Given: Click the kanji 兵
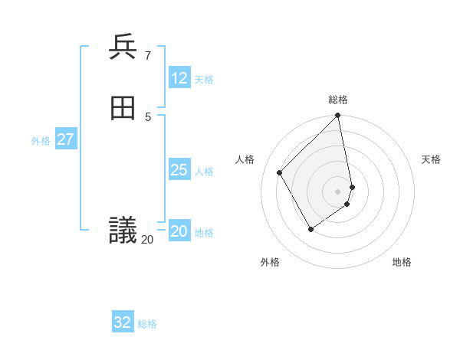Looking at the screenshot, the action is tap(123, 47).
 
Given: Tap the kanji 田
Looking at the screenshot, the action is tap(123, 109).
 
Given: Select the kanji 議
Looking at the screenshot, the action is tap(123, 230).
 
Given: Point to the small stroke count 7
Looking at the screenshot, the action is tap(147, 55).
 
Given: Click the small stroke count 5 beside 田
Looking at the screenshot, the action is tap(147, 116).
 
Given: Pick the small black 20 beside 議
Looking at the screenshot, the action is tap(147, 240).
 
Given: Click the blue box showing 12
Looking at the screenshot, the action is tap(179, 78).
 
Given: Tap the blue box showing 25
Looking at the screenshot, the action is tap(179, 170).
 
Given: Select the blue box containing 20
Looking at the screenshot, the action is tap(179, 231).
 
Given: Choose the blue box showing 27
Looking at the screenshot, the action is tap(66, 139).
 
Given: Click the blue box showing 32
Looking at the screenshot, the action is tap(123, 322).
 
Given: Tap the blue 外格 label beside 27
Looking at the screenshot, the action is tap(41, 141).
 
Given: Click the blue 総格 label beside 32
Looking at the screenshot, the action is tap(147, 324).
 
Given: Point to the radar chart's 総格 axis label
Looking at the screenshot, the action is tap(338, 100).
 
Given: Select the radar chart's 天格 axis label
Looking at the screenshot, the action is tap(431, 159).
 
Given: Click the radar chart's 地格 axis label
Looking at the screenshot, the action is tap(402, 262).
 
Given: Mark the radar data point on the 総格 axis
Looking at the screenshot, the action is tap(338, 116).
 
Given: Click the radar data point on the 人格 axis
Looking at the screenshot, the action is tap(280, 172).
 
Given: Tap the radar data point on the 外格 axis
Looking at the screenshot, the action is tap(310, 228).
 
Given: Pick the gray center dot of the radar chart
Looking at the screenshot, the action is tap(338, 191).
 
